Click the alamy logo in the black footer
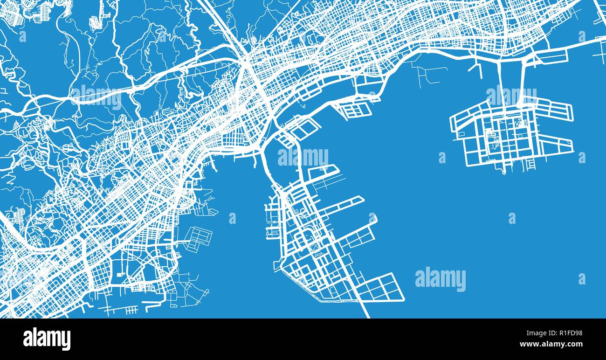point(47,339)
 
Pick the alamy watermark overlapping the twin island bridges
point(511,96)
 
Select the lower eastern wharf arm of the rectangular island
point(555,145)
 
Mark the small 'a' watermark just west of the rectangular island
point(442,158)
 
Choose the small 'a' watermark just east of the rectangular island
point(581,158)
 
